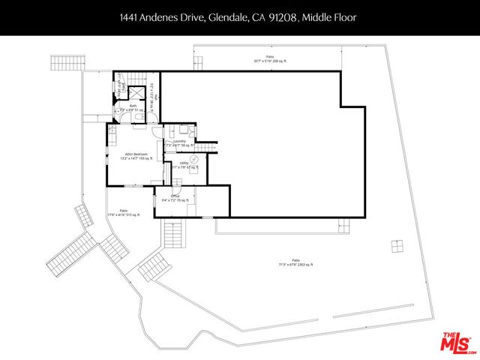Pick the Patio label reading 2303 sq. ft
click(x=295, y=262)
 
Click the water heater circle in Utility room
click(x=193, y=159)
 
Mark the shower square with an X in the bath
click(x=136, y=93)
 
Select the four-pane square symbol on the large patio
click(x=394, y=246)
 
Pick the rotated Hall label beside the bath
click(x=154, y=97)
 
